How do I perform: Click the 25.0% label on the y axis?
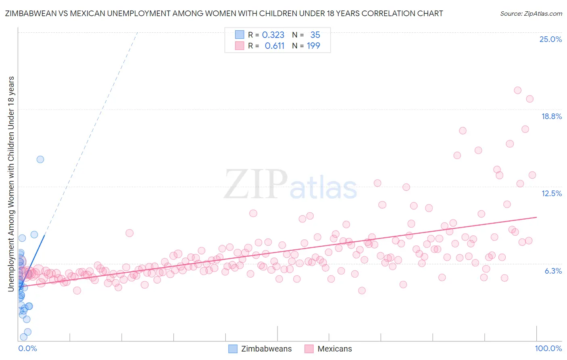pyautogui.click(x=550, y=39)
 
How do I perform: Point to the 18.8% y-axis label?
pyautogui.click(x=551, y=116)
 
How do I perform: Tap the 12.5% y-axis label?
pyautogui.click(x=551, y=193)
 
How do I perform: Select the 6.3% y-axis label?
pyautogui.click(x=553, y=271)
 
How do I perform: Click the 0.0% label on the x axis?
pyautogui.click(x=27, y=348)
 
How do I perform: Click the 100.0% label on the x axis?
pyautogui.click(x=548, y=348)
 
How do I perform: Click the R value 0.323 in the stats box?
pyautogui.click(x=273, y=35)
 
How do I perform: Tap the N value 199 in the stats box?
pyautogui.click(x=313, y=46)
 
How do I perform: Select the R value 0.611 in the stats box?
pyautogui.click(x=274, y=46)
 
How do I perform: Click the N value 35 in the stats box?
pyautogui.click(x=315, y=35)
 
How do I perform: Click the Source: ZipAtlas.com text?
pyautogui.click(x=531, y=13)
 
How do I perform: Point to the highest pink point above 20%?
pyautogui.click(x=518, y=90)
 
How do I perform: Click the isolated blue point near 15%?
pyautogui.click(x=40, y=159)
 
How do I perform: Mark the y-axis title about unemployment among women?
pyautogui.click(x=11, y=184)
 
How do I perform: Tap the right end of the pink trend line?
pyautogui.click(x=536, y=217)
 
